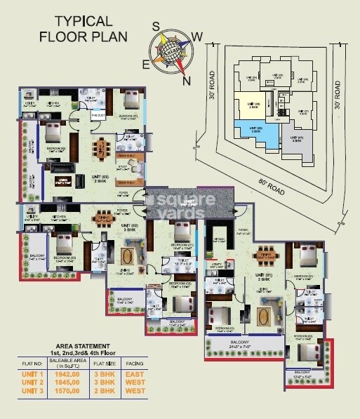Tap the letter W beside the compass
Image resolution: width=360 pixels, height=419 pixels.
[x=199, y=36]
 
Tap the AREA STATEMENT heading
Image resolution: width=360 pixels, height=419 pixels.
[x=84, y=346]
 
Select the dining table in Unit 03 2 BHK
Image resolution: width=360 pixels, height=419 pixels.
[x=104, y=148]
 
